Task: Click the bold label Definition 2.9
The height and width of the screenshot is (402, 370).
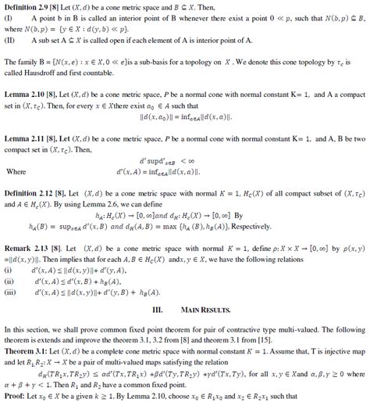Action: (24, 5)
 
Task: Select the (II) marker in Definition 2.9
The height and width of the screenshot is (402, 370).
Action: (10, 36)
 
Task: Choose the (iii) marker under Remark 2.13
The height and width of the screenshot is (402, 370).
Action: (11, 291)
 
